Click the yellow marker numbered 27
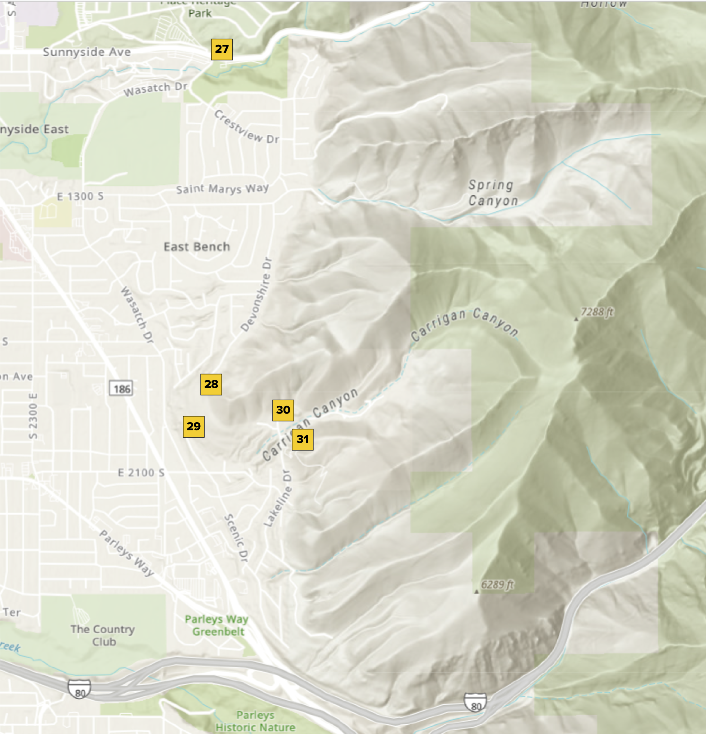222,49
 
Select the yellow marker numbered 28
211,384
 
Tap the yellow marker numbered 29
194,426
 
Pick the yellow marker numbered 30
283,410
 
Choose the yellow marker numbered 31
302,439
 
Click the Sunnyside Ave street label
87,52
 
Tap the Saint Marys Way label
223,189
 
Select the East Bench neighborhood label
197,247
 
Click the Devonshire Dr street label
257,294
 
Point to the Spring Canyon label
493,193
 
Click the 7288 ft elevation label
597,312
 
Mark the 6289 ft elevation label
497,585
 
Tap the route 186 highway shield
121,389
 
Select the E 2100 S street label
141,473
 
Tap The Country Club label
103,635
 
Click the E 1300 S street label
80,196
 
